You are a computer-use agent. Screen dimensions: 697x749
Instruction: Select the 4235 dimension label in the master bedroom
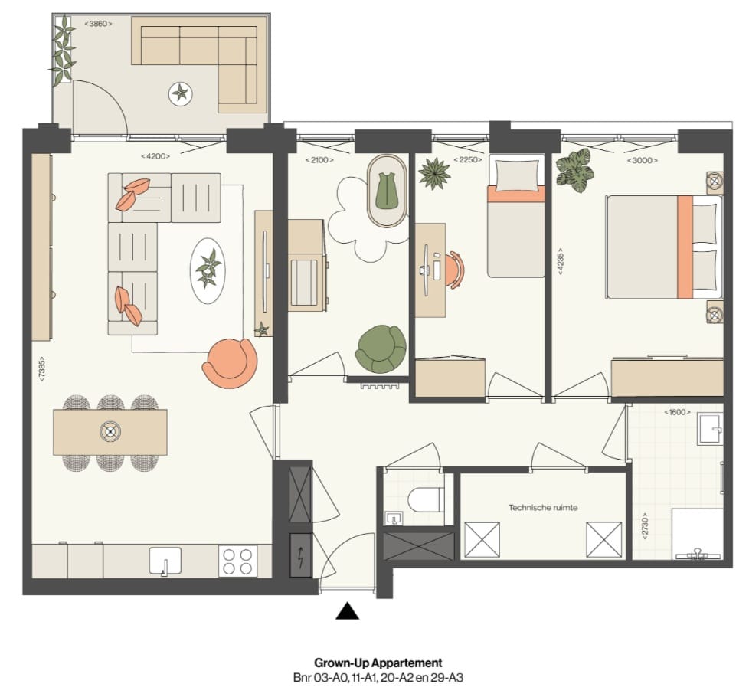pos(562,262)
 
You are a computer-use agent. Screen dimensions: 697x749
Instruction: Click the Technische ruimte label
pos(543,507)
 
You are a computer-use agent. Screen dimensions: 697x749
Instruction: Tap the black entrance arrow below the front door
pos(348,610)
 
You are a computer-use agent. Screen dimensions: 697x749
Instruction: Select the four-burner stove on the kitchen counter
pos(237,561)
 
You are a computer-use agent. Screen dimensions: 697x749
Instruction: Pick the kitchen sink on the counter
pos(165,561)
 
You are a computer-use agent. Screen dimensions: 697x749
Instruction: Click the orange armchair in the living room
pos(230,362)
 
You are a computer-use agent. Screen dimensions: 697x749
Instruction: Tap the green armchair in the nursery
pos(381,348)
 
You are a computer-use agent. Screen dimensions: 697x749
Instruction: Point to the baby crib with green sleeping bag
pos(388,191)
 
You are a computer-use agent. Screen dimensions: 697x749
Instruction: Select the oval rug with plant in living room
pos(208,270)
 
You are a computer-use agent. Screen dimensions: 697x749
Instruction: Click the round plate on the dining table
pos(110,431)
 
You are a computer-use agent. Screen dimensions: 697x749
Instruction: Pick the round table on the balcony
pos(181,94)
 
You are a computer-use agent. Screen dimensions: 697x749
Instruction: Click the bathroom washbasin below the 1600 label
pos(709,429)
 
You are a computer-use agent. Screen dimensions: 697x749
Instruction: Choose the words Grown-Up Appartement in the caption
pos(378,663)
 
